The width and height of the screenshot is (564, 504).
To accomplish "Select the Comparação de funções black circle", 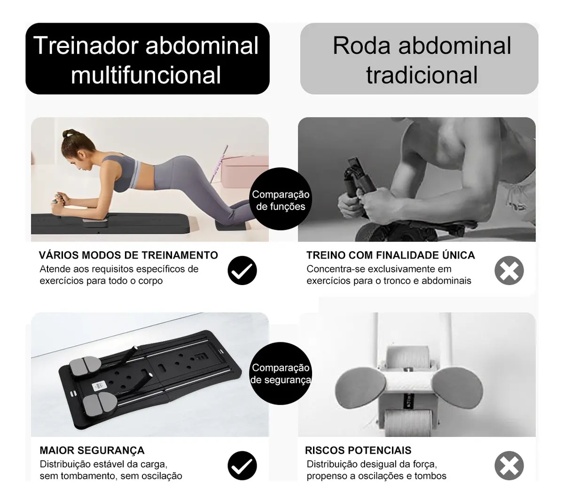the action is tap(280, 199).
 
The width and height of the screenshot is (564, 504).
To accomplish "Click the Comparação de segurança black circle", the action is tap(280, 373).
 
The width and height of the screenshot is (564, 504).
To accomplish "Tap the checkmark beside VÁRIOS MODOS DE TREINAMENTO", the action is tap(242, 270).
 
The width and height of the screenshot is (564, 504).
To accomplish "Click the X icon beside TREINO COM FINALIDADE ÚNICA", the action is tap(509, 270).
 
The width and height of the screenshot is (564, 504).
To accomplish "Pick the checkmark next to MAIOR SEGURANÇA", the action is tap(242, 465).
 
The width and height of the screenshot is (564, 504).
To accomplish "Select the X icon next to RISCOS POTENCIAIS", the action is tap(509, 465).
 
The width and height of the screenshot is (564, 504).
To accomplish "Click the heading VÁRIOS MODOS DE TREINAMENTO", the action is tap(128, 255).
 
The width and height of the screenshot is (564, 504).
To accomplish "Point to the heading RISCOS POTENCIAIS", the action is tap(358, 450).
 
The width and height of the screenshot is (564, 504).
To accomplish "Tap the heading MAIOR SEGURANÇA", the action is tap(92, 450).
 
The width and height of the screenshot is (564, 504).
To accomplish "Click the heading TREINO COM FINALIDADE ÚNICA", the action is tap(391, 255).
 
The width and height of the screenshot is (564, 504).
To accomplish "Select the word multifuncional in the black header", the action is tap(146, 75).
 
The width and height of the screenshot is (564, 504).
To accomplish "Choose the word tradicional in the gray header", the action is tap(422, 75).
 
